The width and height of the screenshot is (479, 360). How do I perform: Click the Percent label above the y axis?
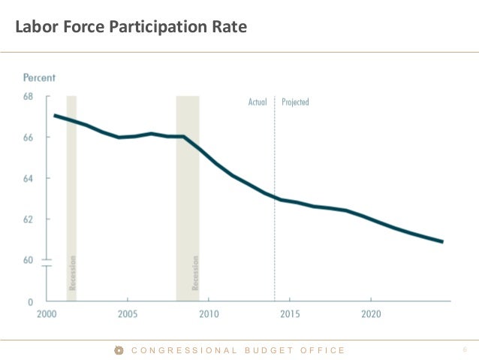tap(39, 78)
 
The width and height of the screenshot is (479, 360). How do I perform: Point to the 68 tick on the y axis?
tap(29, 96)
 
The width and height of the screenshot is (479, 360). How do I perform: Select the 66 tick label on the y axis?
tap(29, 138)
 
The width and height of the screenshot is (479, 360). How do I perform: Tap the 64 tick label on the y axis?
tap(29, 178)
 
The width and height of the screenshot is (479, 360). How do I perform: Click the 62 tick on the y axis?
tap(29, 219)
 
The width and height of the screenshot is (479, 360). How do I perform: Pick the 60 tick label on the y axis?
tap(29, 260)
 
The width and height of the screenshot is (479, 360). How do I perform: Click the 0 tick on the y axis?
tap(31, 301)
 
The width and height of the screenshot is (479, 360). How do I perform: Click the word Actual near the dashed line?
tap(258, 102)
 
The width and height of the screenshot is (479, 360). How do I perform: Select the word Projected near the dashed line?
tap(295, 102)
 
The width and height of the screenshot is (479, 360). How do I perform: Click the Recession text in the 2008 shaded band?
tap(196, 273)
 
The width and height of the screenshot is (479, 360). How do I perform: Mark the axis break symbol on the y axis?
tap(45, 262)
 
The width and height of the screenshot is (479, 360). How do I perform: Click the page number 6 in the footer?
tap(465, 350)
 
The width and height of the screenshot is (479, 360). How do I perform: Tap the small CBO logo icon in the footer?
tap(119, 350)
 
